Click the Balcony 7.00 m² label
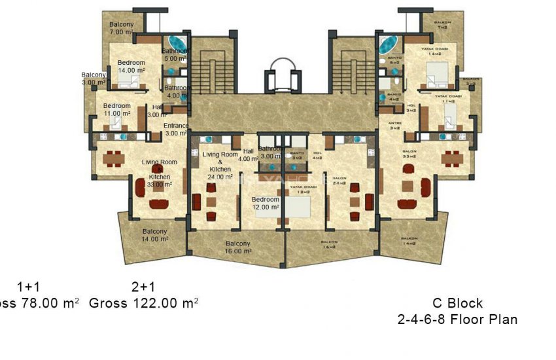point(122,28)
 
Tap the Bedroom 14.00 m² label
point(131,66)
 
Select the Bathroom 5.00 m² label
point(175,54)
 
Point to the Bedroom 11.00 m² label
point(116,109)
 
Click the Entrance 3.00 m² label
point(175,130)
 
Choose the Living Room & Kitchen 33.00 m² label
point(160,173)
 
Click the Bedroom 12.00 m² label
point(266,204)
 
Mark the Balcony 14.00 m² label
point(155,235)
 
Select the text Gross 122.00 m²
point(143,303)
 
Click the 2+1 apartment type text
point(143,287)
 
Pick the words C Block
point(457,303)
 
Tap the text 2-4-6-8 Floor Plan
point(457,320)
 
